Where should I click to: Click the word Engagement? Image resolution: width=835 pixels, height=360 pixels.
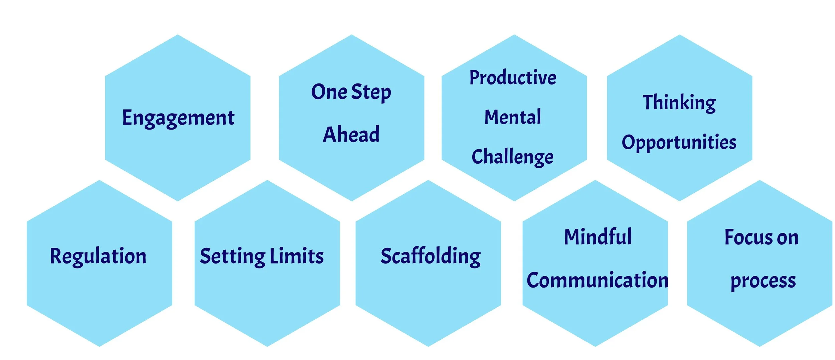pos(178,118)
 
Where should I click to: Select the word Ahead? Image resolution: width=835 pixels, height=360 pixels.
pos(351,134)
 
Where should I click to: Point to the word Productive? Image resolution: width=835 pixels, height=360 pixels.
pos(513,77)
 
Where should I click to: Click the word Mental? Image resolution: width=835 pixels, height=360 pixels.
pos(513,117)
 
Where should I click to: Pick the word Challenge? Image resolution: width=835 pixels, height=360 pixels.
pos(512,157)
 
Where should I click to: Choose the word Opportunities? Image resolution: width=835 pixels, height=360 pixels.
pos(679,142)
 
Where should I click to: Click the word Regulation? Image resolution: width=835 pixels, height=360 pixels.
pos(98,256)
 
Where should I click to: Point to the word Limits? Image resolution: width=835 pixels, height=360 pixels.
pos(297,256)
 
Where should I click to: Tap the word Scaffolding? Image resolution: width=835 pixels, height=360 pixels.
pos(431,256)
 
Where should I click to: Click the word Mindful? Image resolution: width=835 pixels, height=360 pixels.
pos(598,237)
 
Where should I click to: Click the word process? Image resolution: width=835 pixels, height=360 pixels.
pos(763,281)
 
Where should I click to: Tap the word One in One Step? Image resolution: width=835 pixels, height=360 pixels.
pos(329,92)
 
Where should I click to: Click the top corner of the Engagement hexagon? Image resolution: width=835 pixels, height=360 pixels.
pos(178,35)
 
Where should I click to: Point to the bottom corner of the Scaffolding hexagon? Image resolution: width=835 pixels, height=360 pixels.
pos(428,346)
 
